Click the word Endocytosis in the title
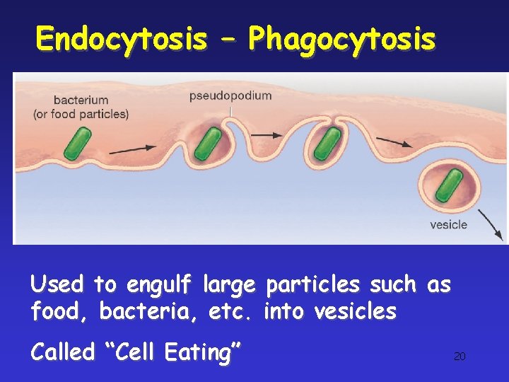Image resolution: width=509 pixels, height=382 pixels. (121, 39)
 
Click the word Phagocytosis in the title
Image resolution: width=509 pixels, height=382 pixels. (341, 39)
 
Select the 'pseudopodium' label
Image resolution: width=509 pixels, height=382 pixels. (230, 95)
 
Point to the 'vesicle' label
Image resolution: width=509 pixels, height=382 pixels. (448, 225)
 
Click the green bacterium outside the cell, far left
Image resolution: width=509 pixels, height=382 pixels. (77, 143)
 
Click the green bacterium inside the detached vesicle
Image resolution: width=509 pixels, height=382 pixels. (449, 185)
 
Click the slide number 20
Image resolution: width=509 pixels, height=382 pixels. (460, 357)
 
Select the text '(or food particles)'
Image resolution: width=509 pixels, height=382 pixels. (81, 114)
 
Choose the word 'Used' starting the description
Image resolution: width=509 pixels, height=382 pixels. (57, 285)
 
